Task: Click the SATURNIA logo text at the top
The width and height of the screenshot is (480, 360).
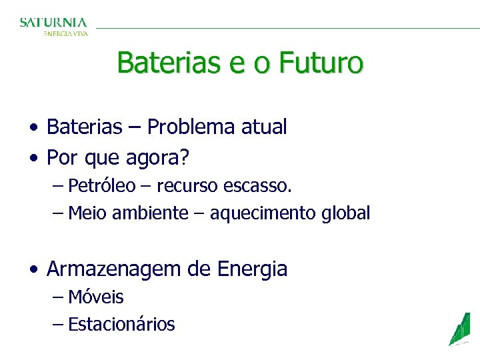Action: click(53, 22)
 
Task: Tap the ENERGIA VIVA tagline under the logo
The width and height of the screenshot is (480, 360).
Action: click(65, 33)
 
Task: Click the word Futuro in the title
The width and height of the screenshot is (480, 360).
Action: click(321, 63)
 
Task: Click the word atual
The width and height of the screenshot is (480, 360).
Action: click(265, 127)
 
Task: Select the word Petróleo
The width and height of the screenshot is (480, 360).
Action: click(101, 185)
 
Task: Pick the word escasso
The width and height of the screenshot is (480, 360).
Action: click(262, 185)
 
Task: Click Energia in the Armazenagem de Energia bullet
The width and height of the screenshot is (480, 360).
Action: click(252, 269)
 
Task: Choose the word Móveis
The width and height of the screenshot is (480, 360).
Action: click(96, 297)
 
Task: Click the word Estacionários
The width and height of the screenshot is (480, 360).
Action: click(121, 325)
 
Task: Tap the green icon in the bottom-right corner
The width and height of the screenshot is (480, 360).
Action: click(459, 329)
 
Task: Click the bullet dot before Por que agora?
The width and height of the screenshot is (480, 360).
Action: click(33, 159)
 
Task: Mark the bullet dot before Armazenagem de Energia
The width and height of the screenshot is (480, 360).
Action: click(33, 270)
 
